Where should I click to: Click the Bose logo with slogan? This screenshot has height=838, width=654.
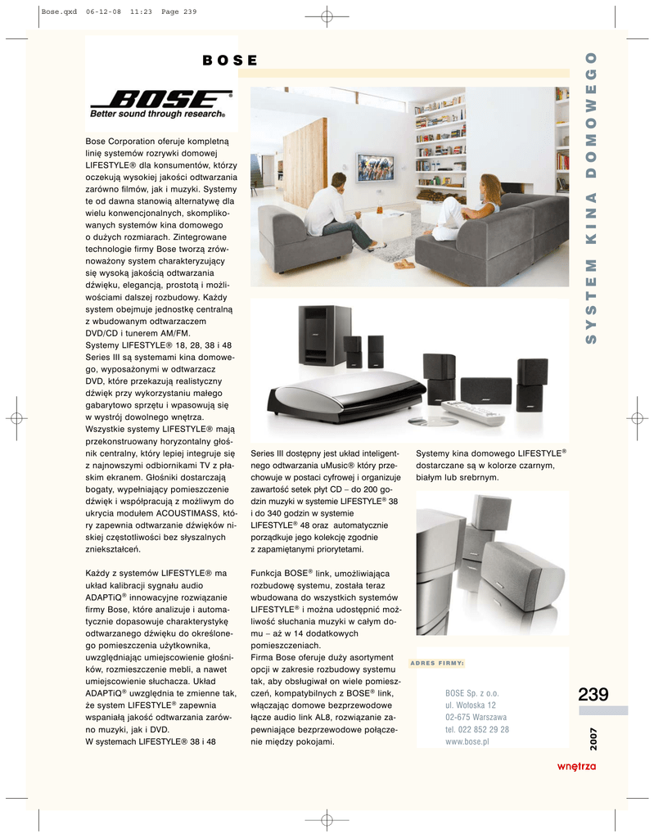click(160, 104)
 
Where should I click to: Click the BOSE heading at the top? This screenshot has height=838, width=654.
click(230, 61)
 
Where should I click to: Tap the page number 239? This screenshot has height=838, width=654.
click(593, 695)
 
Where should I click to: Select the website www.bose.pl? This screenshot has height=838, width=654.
click(467, 741)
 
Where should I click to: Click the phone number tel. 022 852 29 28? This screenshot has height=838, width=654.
click(477, 729)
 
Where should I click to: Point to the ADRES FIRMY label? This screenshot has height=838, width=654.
click(437, 663)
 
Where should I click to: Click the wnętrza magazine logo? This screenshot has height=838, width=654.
click(576, 766)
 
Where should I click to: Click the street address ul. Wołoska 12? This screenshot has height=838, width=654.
click(471, 705)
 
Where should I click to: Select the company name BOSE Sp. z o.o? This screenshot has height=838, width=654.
click(472, 692)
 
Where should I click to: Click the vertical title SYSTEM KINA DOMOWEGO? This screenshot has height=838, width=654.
click(593, 196)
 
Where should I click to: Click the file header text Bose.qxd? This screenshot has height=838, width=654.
click(57, 11)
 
